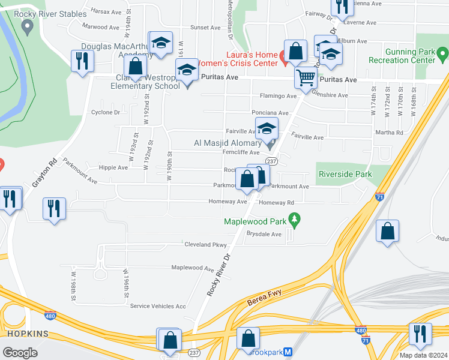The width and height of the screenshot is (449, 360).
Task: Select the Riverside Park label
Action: click(x=345, y=175)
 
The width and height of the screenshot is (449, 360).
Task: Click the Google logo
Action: click(x=20, y=353)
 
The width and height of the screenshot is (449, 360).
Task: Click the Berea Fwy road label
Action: click(x=265, y=298)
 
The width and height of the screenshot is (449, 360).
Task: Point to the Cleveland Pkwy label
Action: click(x=205, y=245)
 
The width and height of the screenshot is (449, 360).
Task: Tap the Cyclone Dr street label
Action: click(x=105, y=112)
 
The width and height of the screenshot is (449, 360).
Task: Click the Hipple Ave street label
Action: click(x=113, y=168)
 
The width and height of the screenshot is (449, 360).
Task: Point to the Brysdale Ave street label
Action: click(x=264, y=234)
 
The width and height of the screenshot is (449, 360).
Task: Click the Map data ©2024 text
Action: click(x=423, y=355)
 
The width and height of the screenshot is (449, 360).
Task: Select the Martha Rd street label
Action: click(x=390, y=133)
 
